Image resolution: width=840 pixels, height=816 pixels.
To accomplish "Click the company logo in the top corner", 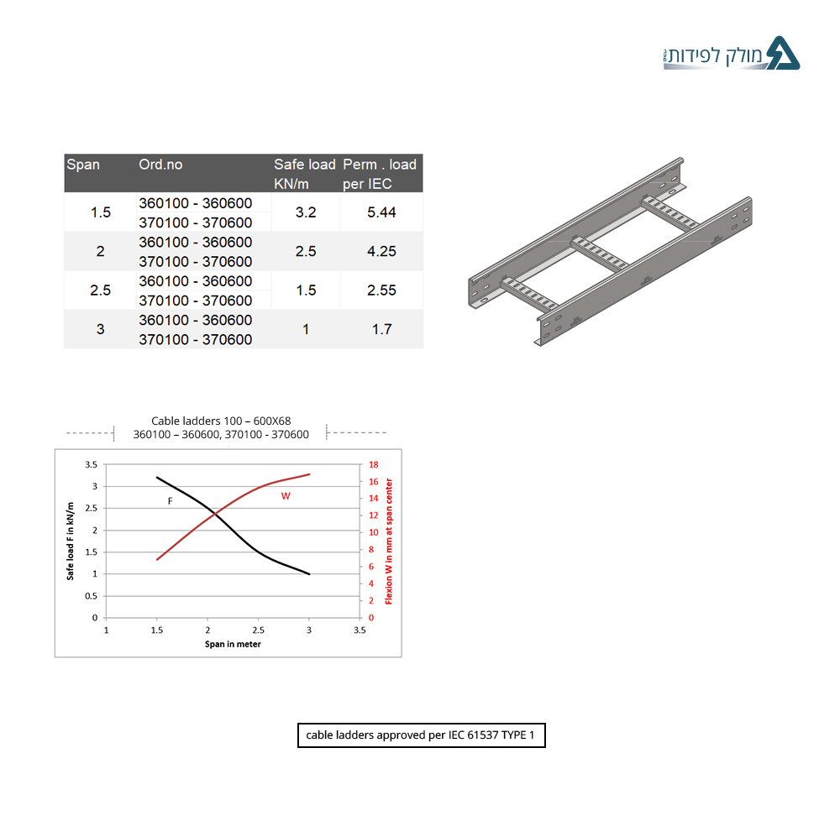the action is (x=732, y=54).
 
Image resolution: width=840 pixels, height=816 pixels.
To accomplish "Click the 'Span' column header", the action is (x=83, y=165).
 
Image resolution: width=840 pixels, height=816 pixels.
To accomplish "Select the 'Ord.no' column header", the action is (x=160, y=165).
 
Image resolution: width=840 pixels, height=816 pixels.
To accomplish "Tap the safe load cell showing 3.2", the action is (x=306, y=212).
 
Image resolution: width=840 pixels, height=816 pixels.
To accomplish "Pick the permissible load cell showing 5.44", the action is (x=381, y=212).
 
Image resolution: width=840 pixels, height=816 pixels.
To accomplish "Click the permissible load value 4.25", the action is (x=381, y=251).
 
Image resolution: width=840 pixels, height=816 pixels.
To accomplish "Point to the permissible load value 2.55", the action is (x=381, y=290).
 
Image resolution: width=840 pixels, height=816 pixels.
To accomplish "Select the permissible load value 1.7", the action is (x=382, y=329).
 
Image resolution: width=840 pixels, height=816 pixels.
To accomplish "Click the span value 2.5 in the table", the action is (x=100, y=290).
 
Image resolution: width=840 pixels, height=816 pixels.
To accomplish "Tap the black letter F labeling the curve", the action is (x=170, y=501).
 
